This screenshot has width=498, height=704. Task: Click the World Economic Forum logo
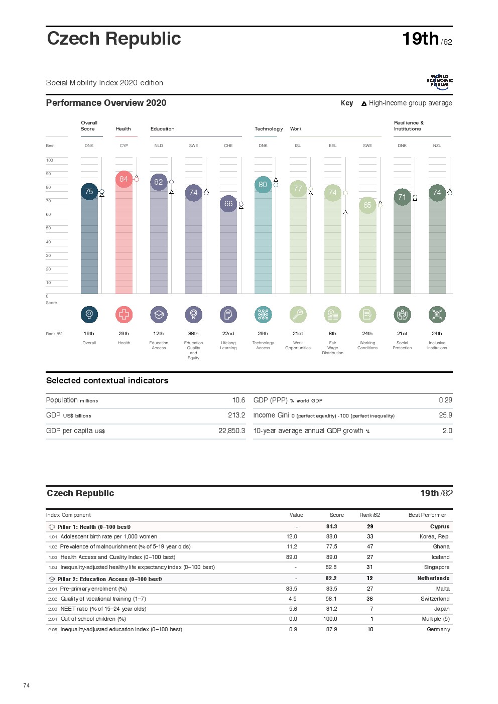tap(440, 82)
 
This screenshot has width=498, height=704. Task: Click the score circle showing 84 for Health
tap(123, 179)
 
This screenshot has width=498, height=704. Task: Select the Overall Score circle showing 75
tap(89, 192)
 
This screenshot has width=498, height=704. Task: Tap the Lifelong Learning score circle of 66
tap(228, 204)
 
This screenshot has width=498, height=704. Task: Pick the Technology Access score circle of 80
tap(263, 185)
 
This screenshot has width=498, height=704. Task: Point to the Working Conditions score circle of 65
tap(367, 205)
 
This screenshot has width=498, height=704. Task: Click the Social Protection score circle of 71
tap(402, 197)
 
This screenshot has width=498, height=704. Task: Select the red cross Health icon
tap(124, 315)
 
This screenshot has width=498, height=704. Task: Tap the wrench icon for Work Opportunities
tap(298, 315)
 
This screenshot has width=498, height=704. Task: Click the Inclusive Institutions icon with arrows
tap(437, 315)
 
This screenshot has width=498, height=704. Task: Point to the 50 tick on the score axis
tap(49, 228)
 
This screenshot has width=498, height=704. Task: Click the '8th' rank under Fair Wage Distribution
tap(332, 334)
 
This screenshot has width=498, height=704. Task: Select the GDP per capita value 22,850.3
tap(232, 431)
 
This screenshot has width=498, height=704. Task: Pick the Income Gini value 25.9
tap(445, 415)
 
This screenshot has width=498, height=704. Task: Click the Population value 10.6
tap(238, 400)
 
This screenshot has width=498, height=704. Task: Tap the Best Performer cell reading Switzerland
tap(435, 599)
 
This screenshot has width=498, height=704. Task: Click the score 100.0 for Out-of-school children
tap(330, 619)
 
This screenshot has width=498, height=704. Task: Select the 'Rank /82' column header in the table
tap(369, 515)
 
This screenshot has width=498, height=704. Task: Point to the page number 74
tap(27, 685)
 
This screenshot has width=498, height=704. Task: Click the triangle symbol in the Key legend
tap(364, 104)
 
